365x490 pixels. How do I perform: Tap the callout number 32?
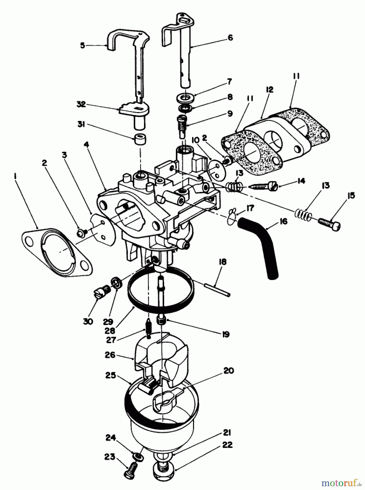tap(81, 104)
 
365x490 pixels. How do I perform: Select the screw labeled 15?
tap(329, 225)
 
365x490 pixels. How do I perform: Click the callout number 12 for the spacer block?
tap(269, 90)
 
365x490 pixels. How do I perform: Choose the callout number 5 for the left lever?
tap(83, 45)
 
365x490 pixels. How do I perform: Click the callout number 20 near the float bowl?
tap(228, 370)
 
